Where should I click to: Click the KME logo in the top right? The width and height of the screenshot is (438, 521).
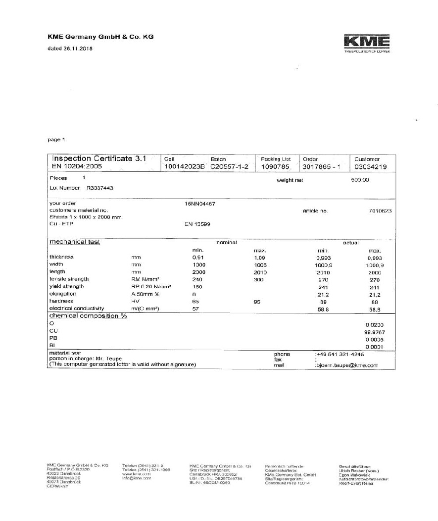click(367, 42)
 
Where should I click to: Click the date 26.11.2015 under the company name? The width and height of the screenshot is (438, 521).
click(78, 49)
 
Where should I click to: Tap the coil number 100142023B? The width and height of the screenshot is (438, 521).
click(184, 167)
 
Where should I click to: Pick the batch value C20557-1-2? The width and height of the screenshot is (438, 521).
click(229, 167)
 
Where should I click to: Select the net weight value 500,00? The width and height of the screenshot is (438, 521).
click(360, 180)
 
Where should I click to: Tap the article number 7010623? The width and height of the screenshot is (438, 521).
click(380, 211)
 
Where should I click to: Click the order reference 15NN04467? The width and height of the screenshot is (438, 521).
click(199, 204)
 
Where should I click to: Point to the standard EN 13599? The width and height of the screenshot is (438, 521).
click(197, 224)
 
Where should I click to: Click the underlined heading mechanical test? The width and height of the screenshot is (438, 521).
click(74, 242)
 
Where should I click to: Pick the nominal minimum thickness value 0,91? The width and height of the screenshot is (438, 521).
click(198, 258)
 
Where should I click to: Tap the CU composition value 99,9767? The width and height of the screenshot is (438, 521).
click(375, 332)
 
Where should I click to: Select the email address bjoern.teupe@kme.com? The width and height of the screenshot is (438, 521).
click(347, 365)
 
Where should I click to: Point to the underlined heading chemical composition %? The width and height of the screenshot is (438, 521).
click(88, 316)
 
